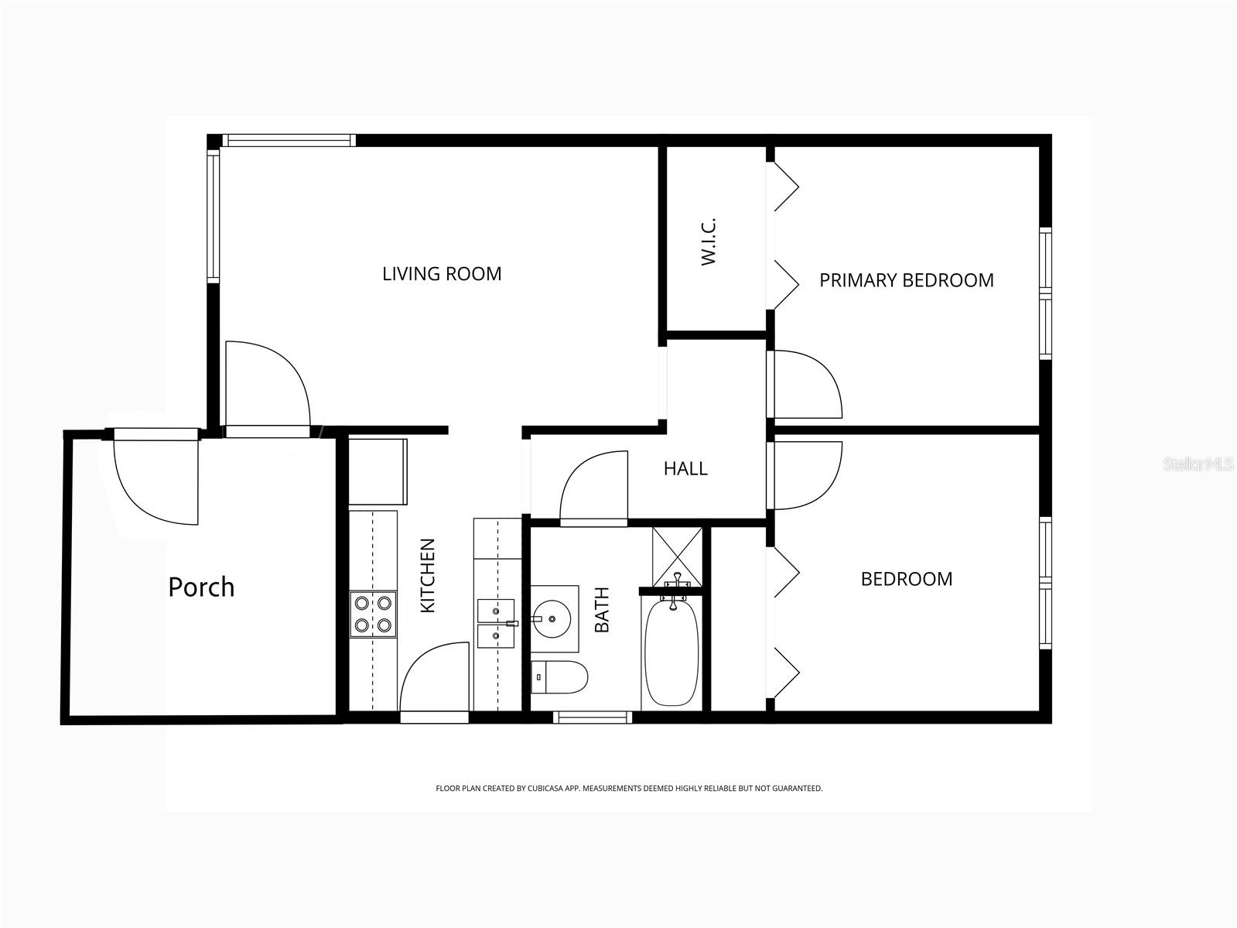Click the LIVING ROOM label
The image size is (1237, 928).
(x=442, y=273)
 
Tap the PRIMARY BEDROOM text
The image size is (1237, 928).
(x=906, y=280)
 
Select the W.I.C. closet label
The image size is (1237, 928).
(x=709, y=241)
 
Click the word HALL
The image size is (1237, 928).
(x=685, y=468)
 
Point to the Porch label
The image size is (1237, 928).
(x=201, y=587)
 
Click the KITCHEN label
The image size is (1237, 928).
(x=428, y=575)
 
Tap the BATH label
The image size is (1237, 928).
(x=602, y=609)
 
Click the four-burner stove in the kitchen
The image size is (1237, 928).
(x=373, y=614)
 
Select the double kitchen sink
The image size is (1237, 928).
(x=495, y=622)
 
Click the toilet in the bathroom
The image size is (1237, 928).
(x=559, y=676)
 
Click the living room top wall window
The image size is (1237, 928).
(x=288, y=141)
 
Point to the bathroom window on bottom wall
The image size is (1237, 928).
(x=593, y=717)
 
